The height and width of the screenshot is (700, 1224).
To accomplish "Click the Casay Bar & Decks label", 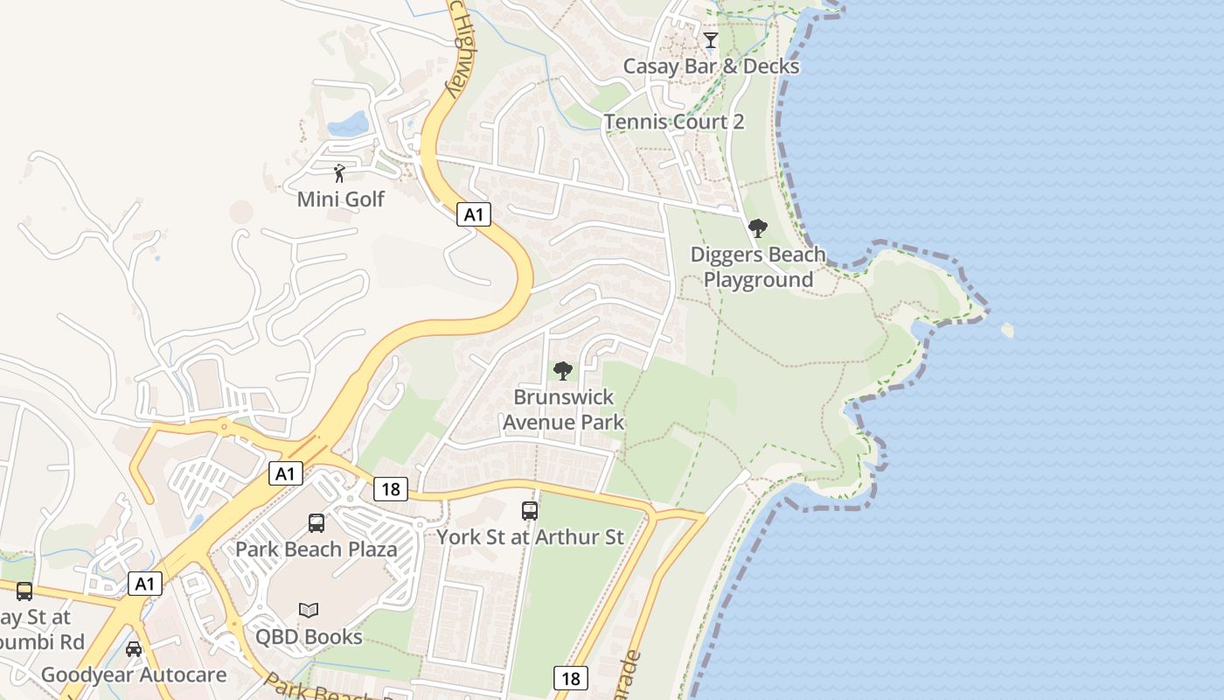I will tap(711, 66).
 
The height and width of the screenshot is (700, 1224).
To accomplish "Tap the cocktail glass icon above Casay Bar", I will tap(711, 40).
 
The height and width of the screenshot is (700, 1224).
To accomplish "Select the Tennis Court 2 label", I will tap(674, 122).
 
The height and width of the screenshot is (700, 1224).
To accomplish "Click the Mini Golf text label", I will tap(340, 199).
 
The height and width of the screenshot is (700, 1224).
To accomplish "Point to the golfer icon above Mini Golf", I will tap(340, 173).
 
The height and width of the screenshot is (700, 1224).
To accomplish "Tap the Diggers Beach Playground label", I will tap(758, 267).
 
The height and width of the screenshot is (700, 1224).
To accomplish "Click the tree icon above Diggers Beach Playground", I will tap(758, 229).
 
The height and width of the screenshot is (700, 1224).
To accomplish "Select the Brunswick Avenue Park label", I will tap(563, 409).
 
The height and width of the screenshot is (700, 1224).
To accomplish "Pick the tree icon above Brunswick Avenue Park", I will tap(563, 371).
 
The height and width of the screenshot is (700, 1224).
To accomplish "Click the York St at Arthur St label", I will tap(530, 536).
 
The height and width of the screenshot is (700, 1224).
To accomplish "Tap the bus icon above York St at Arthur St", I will tap(530, 511).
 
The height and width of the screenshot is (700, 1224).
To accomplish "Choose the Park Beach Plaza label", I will tap(316, 549).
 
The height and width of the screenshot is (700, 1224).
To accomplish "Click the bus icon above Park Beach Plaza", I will tap(316, 523).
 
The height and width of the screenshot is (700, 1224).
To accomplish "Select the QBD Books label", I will tap(309, 636).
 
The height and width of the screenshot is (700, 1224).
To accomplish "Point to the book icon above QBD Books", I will tap(309, 610).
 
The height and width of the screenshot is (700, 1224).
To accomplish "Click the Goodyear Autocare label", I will tap(134, 675).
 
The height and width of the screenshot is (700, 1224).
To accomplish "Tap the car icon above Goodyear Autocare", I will tap(134, 649).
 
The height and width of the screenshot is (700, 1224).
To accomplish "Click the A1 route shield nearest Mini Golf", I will tap(473, 214).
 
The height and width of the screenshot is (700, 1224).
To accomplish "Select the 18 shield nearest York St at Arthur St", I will tap(390, 489).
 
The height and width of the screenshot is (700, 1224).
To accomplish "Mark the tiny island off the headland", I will tap(1007, 330).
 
